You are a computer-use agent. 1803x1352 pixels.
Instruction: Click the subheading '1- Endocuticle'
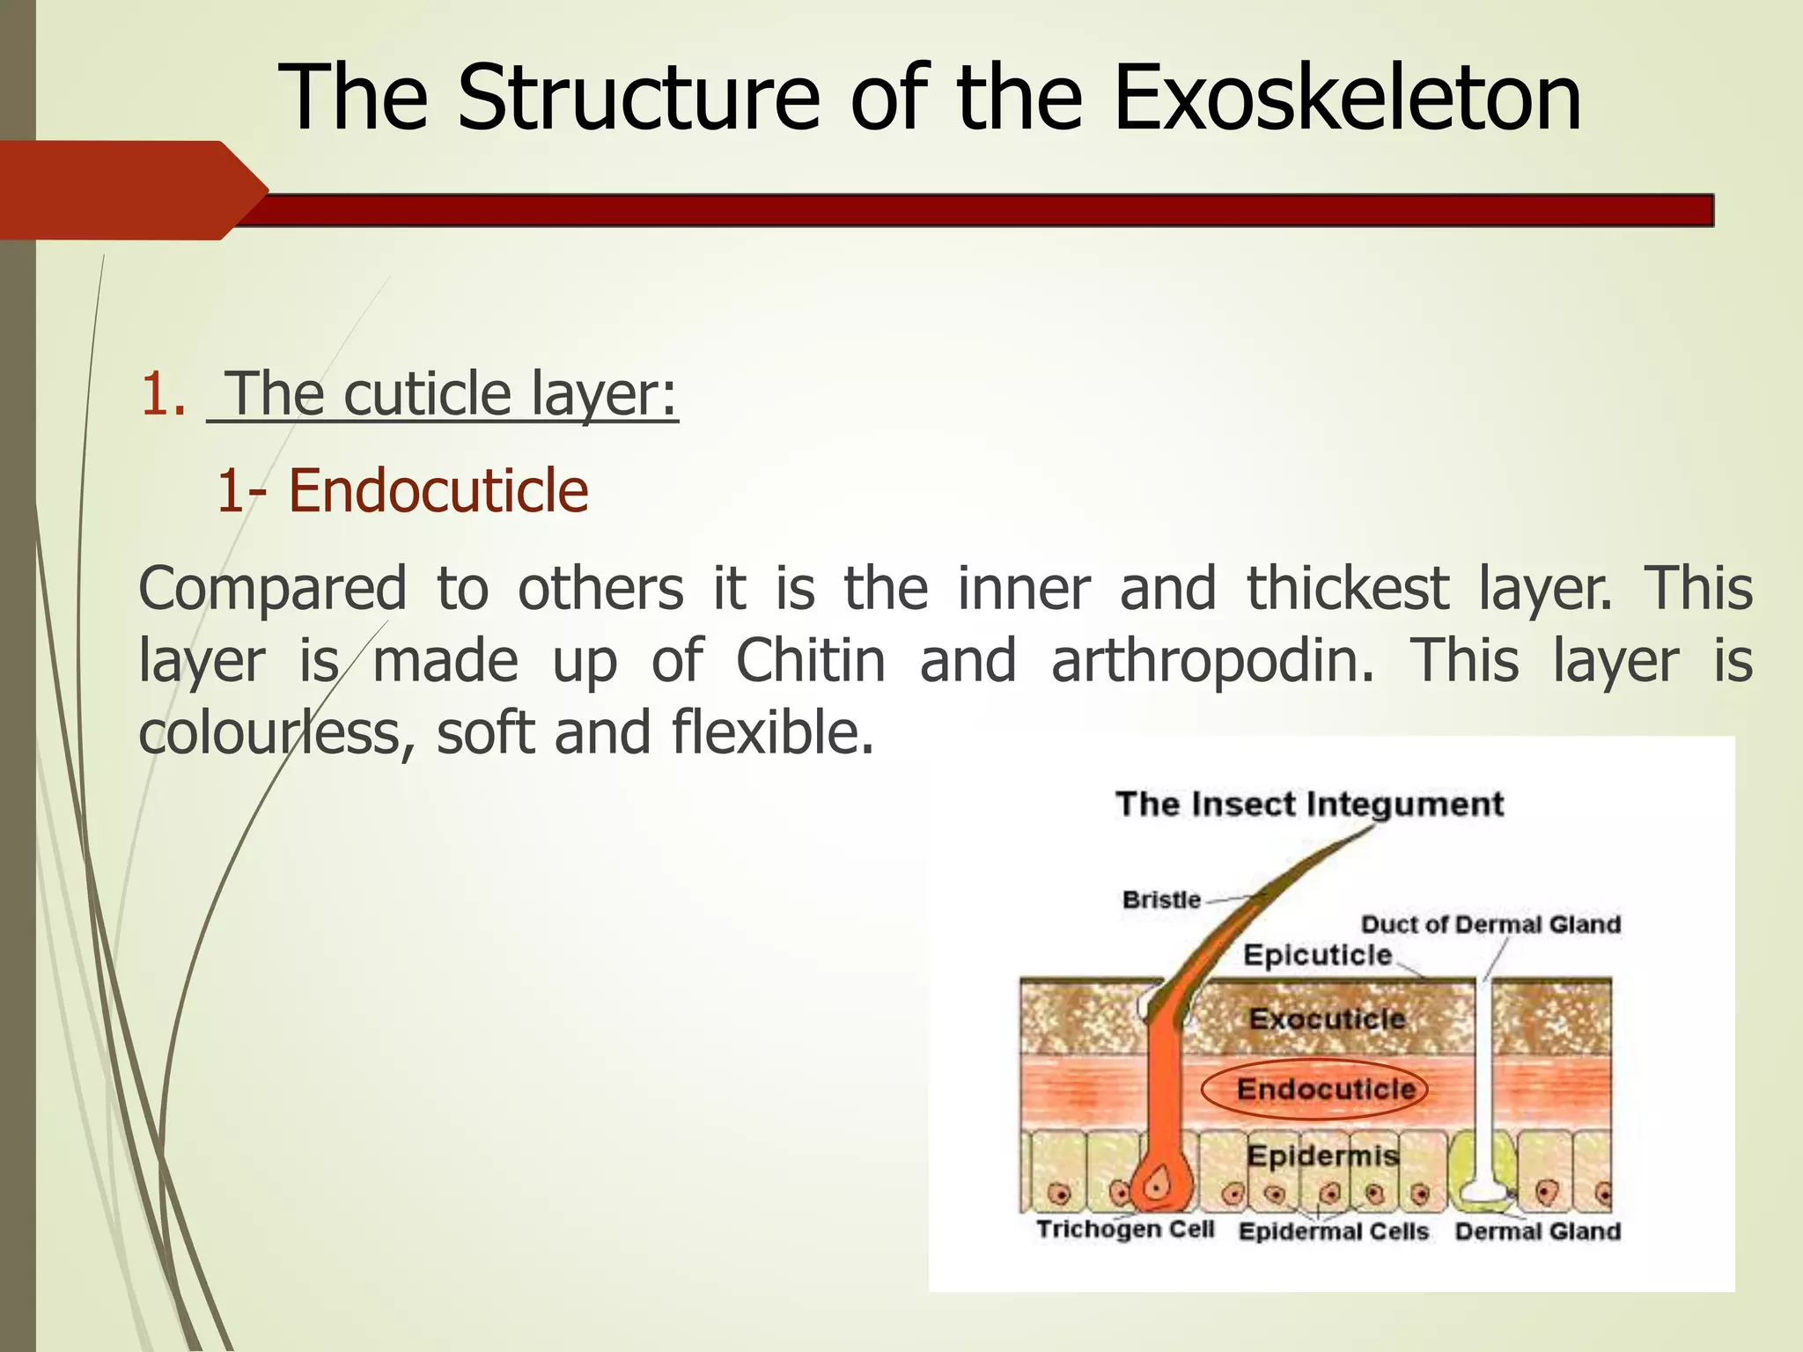pos(402,490)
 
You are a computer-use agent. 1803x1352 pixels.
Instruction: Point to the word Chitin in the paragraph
pos(810,660)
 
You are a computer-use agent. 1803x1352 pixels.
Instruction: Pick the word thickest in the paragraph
pos(1347,588)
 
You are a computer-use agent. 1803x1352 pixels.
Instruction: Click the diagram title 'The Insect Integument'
pos(1309,804)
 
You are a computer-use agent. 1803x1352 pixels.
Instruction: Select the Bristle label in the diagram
pos(1161,900)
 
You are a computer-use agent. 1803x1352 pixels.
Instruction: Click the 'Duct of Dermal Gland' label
pos(1490,924)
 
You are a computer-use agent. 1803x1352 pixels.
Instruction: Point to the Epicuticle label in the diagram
pos(1317,955)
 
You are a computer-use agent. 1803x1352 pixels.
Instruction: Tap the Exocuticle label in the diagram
pos(1327,1019)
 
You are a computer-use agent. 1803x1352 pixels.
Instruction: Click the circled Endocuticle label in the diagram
pos(1326,1090)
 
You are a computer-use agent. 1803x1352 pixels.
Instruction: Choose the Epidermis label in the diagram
pos(1322,1155)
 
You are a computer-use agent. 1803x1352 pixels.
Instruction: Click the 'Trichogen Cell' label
pos(1125,1229)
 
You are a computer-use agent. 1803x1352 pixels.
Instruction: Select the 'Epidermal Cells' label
pos(1333,1231)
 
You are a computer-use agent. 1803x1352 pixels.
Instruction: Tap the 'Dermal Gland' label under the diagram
pos(1537,1231)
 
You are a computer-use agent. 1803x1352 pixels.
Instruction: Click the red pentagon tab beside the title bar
pos(132,190)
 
